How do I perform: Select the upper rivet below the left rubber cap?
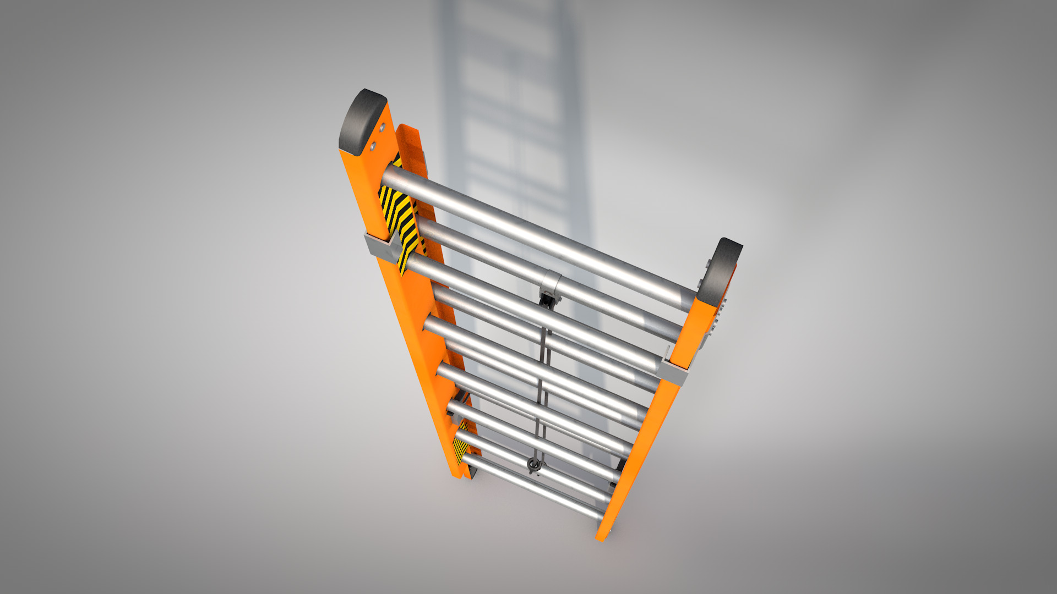[x=381, y=128]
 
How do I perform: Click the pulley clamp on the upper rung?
[x=551, y=286]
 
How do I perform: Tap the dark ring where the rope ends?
[x=533, y=465]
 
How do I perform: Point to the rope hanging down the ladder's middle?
[x=543, y=380]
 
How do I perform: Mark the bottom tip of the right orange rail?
[x=601, y=536]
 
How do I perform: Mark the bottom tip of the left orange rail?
[x=456, y=473]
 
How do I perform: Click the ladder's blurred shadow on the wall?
[x=512, y=110]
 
